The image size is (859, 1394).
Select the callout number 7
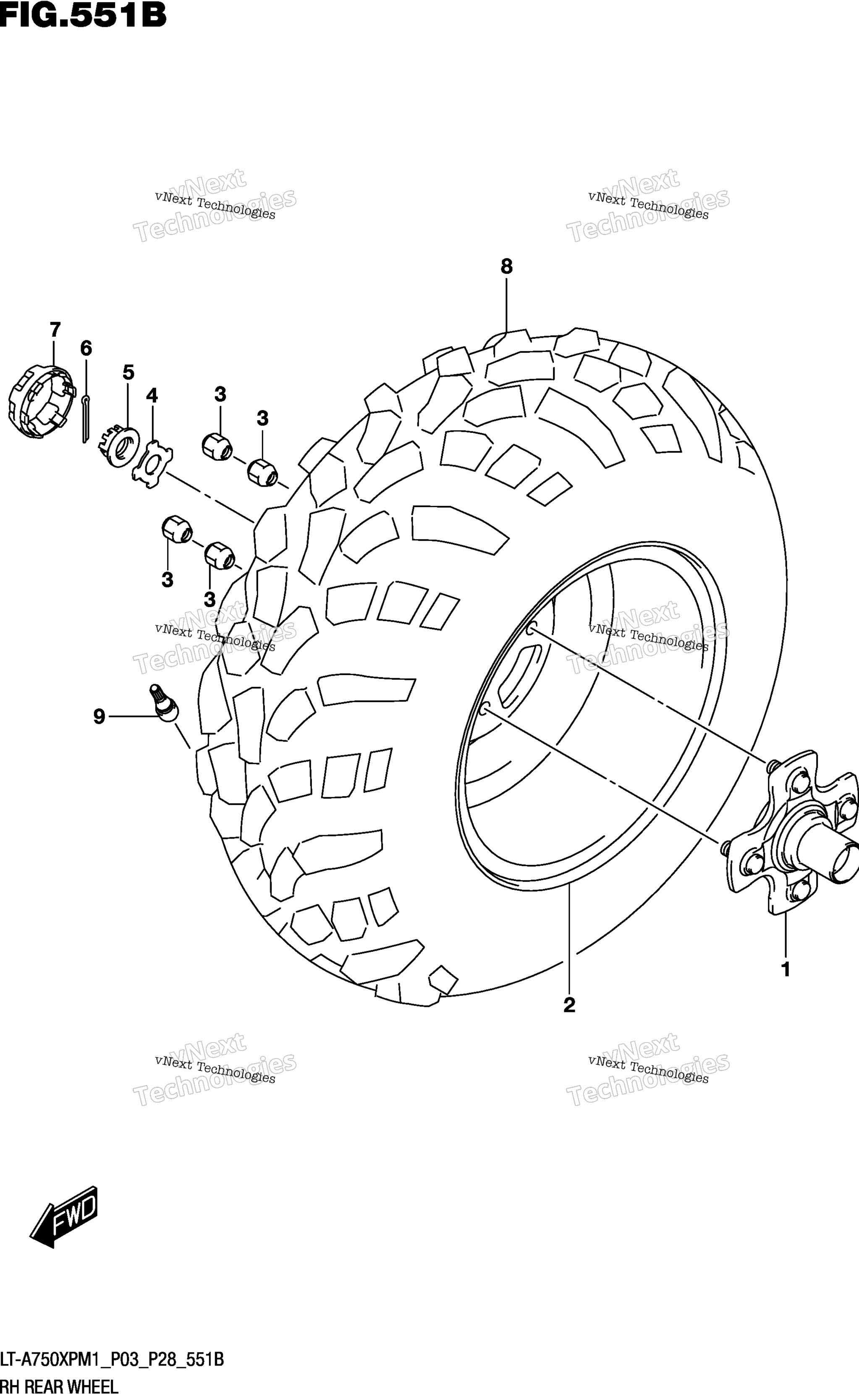point(55,330)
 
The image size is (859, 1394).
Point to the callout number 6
point(86,348)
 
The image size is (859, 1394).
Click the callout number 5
point(128,372)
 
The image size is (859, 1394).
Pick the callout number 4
point(152,396)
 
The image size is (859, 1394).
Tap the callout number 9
point(100,717)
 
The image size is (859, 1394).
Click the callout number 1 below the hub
point(786,969)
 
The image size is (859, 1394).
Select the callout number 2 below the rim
point(569,1005)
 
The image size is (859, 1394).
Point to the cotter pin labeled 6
point(85,418)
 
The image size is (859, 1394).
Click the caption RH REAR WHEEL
point(59,1383)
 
